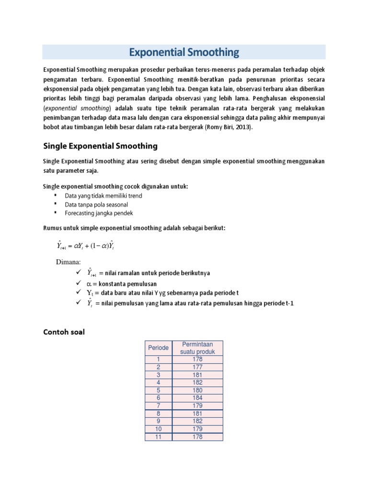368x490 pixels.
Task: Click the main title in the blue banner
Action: coord(184,52)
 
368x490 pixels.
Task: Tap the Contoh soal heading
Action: coord(64,332)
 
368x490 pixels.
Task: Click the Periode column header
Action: coord(158,348)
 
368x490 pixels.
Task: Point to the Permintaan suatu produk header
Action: coord(197,348)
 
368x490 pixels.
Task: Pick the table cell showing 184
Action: coord(197,398)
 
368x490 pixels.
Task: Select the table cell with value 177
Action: coord(197,367)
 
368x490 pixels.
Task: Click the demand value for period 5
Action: coord(197,390)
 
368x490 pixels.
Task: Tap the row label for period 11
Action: coord(158,436)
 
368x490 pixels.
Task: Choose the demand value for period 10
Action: coord(197,429)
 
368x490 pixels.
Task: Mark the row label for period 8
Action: coord(158,413)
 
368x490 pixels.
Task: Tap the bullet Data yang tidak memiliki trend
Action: coord(103,196)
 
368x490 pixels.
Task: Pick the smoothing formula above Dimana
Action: coord(85,245)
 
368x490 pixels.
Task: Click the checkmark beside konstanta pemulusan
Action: coord(79,283)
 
